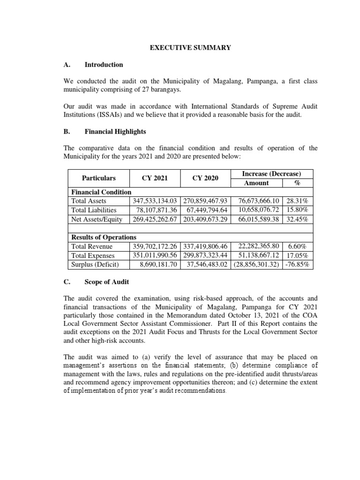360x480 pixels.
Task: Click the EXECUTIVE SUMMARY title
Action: point(190,48)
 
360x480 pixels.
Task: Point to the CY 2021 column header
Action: point(155,178)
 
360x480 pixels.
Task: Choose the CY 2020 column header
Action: point(205,178)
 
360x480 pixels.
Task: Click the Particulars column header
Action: point(98,178)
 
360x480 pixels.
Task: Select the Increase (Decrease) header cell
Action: point(271,174)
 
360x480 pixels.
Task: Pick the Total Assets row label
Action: point(89,201)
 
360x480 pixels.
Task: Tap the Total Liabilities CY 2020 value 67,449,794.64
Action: point(205,210)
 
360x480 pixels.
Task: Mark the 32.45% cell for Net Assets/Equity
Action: point(299,218)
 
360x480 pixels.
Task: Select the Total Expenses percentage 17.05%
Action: point(299,255)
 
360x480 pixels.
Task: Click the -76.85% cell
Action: point(299,264)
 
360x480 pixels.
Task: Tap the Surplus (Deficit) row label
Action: point(95,264)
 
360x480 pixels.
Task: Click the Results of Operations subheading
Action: point(104,237)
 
